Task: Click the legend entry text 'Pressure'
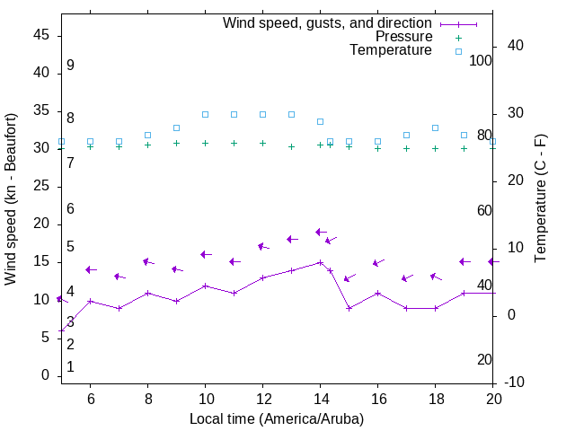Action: tap(403, 37)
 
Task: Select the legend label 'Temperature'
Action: tap(391, 50)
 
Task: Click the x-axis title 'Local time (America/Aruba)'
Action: tap(277, 418)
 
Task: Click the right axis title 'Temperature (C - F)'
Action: tap(540, 199)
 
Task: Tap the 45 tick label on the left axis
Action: tap(40, 35)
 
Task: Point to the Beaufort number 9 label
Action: tap(70, 66)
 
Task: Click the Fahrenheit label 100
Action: tap(481, 60)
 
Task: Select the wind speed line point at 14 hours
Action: tap(320, 263)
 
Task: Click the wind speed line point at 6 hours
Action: tap(90, 301)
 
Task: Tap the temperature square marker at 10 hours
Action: tap(205, 114)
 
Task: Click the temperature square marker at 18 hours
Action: tap(435, 128)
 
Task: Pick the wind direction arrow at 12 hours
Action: tap(262, 246)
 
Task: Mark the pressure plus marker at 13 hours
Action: tap(291, 146)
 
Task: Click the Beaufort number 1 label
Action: tap(70, 367)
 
